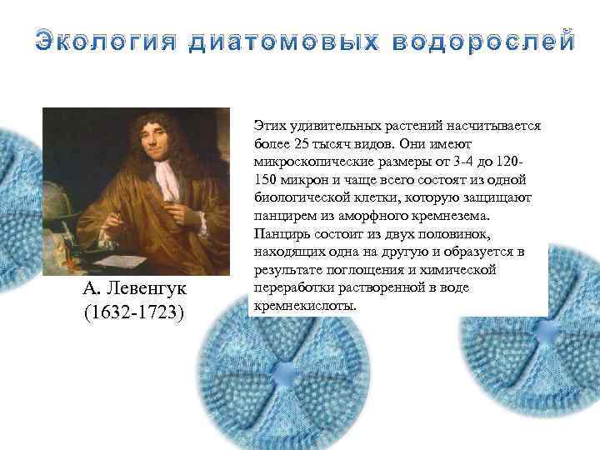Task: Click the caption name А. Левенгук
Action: coord(134,289)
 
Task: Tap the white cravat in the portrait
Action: coord(171,179)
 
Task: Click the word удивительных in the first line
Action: coord(328,125)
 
